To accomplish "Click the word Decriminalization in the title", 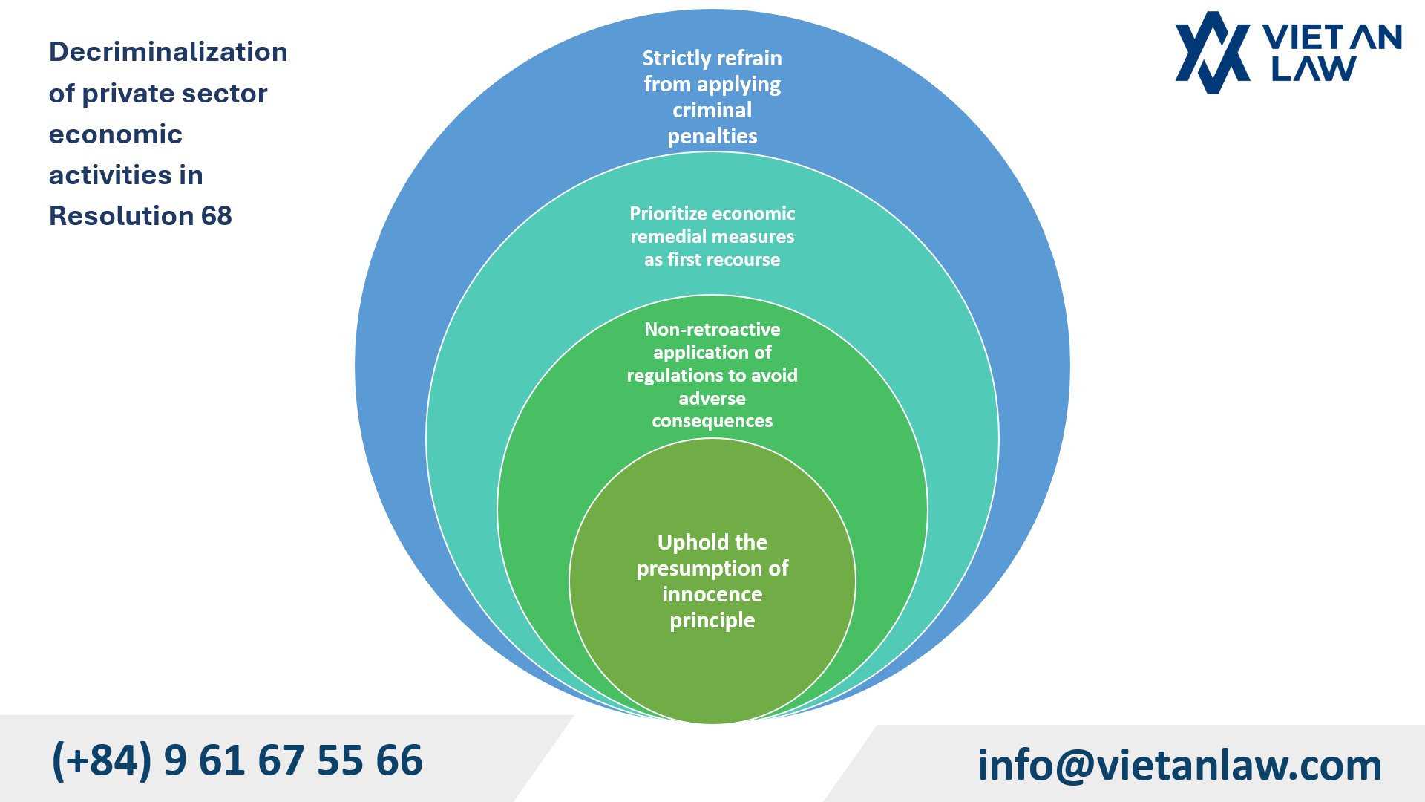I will (x=168, y=52).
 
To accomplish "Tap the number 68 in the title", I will (x=216, y=216).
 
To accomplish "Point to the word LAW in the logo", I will (x=1314, y=70).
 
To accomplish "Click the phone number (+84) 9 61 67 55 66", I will (x=237, y=760).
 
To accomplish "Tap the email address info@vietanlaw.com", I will (x=1179, y=765).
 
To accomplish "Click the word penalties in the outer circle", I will (x=712, y=137).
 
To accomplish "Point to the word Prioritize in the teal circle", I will (x=668, y=214).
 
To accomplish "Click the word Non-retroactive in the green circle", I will (x=712, y=330).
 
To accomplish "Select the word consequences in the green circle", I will (x=712, y=421).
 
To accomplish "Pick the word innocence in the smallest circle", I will (x=712, y=595).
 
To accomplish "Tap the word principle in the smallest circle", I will (x=712, y=621).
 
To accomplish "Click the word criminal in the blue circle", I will (x=712, y=111).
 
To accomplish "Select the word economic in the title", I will (x=116, y=134).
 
